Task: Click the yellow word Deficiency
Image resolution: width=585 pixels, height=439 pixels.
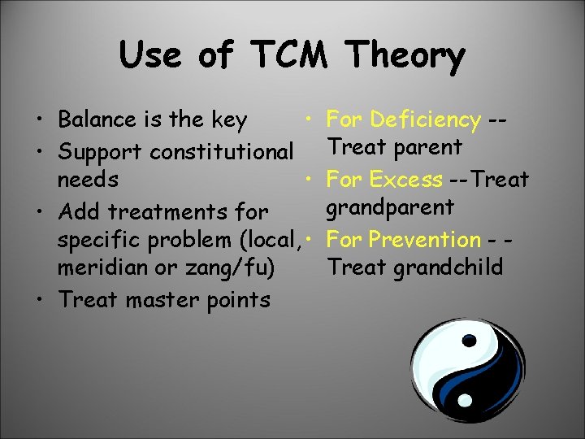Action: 425,120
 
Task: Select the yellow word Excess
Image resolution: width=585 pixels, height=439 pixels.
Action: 405,179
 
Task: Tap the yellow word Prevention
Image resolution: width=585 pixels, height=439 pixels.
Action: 425,240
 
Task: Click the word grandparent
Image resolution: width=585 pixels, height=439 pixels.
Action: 389,208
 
